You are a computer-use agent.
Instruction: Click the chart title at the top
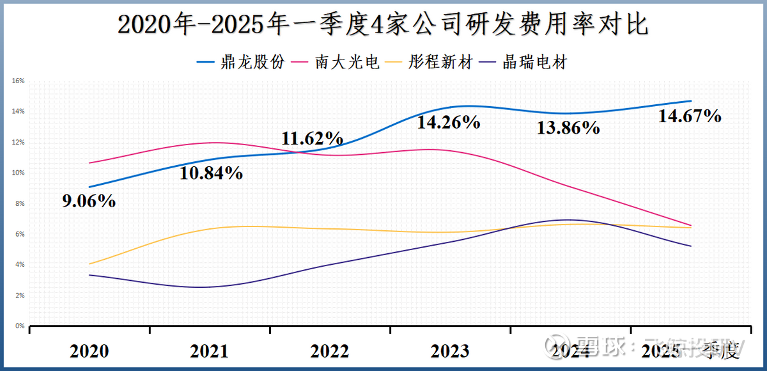pos(383,25)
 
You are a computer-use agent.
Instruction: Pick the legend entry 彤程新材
pos(442,63)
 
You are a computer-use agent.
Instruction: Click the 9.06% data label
pos(88,201)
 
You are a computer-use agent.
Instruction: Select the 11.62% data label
pos(313,138)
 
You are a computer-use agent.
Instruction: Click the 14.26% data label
pos(449,122)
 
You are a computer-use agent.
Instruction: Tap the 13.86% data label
pos(568,127)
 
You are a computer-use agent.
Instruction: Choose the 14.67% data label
pos(690,116)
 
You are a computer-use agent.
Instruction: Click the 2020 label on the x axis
pos(89,351)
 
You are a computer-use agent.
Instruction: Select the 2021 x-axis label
pos(209,351)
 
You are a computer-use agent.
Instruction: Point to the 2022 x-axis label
pos(330,351)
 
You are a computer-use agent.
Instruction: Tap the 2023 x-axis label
pos(450,351)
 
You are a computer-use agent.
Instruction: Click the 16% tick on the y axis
pos(18,81)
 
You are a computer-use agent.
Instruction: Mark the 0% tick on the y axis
pos(19,326)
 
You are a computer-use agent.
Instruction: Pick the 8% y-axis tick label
pos(19,203)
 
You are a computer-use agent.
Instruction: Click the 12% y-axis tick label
pos(18,142)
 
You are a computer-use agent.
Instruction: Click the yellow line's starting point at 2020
pos(89,264)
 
